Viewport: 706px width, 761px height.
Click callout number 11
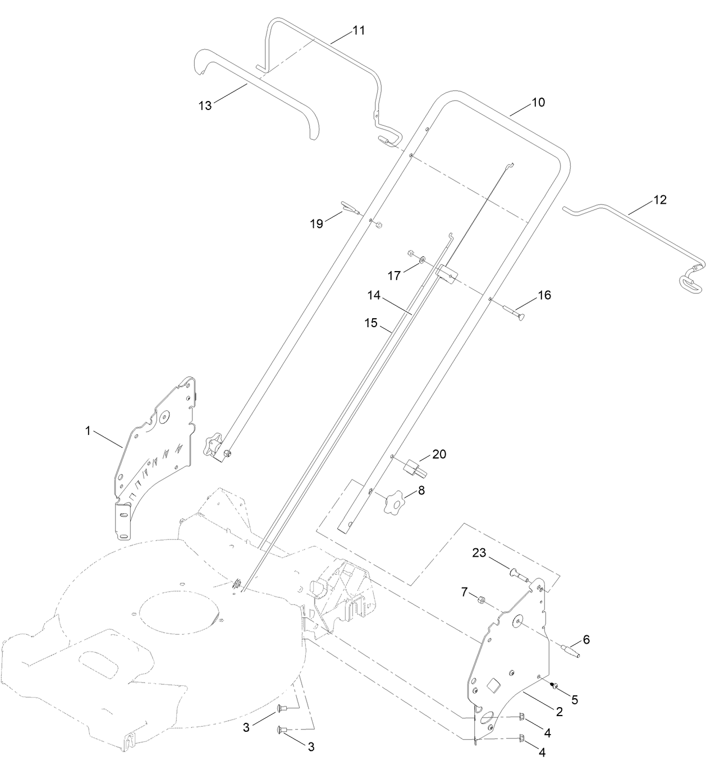coord(358,30)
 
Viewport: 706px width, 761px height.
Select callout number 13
coord(205,105)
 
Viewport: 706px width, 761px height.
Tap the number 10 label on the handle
coord(538,102)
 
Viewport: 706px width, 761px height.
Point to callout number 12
coord(659,199)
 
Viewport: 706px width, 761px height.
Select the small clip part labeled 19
coord(348,209)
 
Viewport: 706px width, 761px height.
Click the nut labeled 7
coord(481,600)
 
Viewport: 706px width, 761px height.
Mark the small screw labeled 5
coord(553,686)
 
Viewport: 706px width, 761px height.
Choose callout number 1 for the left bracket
coord(88,431)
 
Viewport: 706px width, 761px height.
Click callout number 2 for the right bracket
coord(559,710)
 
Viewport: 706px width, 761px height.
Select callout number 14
coord(374,295)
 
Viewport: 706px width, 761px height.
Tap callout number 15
coord(370,323)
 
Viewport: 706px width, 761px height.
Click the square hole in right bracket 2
coord(493,685)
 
